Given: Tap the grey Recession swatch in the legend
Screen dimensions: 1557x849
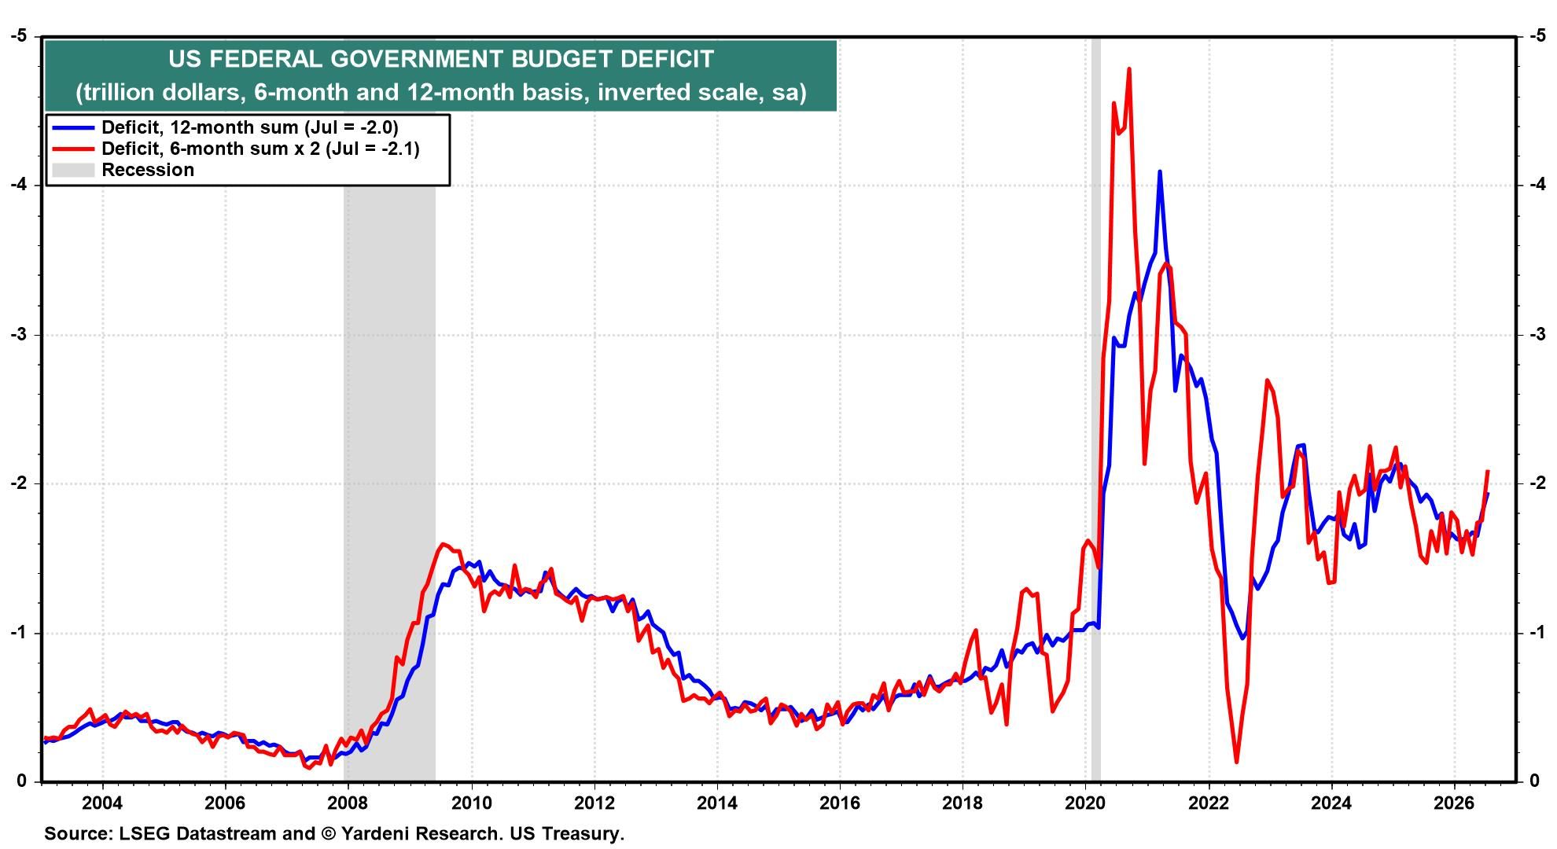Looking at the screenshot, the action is pyautogui.click(x=73, y=171).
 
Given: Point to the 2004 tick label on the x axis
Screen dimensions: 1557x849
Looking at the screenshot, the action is pyautogui.click(x=103, y=803).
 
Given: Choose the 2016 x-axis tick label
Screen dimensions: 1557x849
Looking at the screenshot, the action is pyautogui.click(x=840, y=803).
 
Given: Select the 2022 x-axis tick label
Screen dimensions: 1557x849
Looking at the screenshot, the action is pyautogui.click(x=1209, y=803).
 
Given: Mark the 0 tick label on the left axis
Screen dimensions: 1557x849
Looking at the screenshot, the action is pyautogui.click(x=22, y=781).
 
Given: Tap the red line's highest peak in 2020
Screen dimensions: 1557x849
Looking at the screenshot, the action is pyautogui.click(x=1129, y=69).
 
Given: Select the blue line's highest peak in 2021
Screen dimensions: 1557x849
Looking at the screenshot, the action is pyautogui.click(x=1159, y=171).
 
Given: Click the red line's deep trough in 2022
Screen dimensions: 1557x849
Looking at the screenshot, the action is pyautogui.click(x=1236, y=762).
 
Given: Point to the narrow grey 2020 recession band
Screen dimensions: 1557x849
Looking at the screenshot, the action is pyautogui.click(x=1095, y=409).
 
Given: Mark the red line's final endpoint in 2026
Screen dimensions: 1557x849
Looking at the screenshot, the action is pyautogui.click(x=1488, y=472).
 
